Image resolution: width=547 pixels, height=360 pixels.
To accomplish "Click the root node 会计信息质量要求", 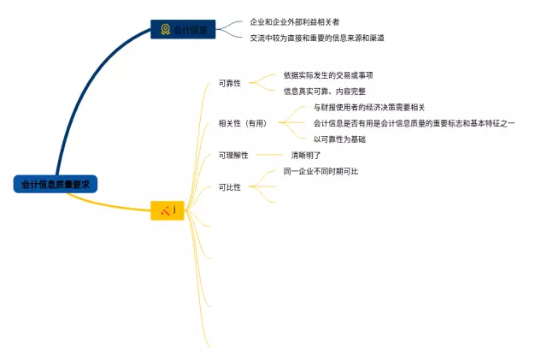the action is point(55,184).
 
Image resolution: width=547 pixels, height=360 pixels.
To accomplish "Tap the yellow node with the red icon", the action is point(168,210).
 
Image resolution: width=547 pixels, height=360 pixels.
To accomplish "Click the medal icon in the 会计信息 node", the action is point(165,30).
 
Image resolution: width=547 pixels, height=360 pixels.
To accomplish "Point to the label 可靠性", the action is point(230,83).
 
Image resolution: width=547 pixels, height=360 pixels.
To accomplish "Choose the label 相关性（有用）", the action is point(243,123).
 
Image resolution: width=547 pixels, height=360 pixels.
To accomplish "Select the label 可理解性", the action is point(233,155).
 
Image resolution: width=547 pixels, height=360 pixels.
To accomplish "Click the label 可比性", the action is point(230,186).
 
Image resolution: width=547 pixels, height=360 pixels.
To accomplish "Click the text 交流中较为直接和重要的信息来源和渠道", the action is point(317,38).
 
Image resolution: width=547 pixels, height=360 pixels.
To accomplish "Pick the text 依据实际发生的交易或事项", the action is point(328,75).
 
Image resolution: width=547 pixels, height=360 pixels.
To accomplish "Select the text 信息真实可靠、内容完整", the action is point(324,91).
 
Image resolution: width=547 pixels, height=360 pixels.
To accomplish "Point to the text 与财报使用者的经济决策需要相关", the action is point(368,108).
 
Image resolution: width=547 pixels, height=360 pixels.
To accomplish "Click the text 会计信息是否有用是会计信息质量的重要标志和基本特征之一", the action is point(414,123).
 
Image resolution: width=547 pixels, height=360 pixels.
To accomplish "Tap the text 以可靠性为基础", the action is point(339,139).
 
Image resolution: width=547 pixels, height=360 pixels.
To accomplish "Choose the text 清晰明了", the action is point(306,155).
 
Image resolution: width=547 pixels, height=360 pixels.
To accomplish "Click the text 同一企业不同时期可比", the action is point(321,171).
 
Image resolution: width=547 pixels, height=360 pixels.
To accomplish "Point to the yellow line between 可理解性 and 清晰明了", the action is point(267,155).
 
